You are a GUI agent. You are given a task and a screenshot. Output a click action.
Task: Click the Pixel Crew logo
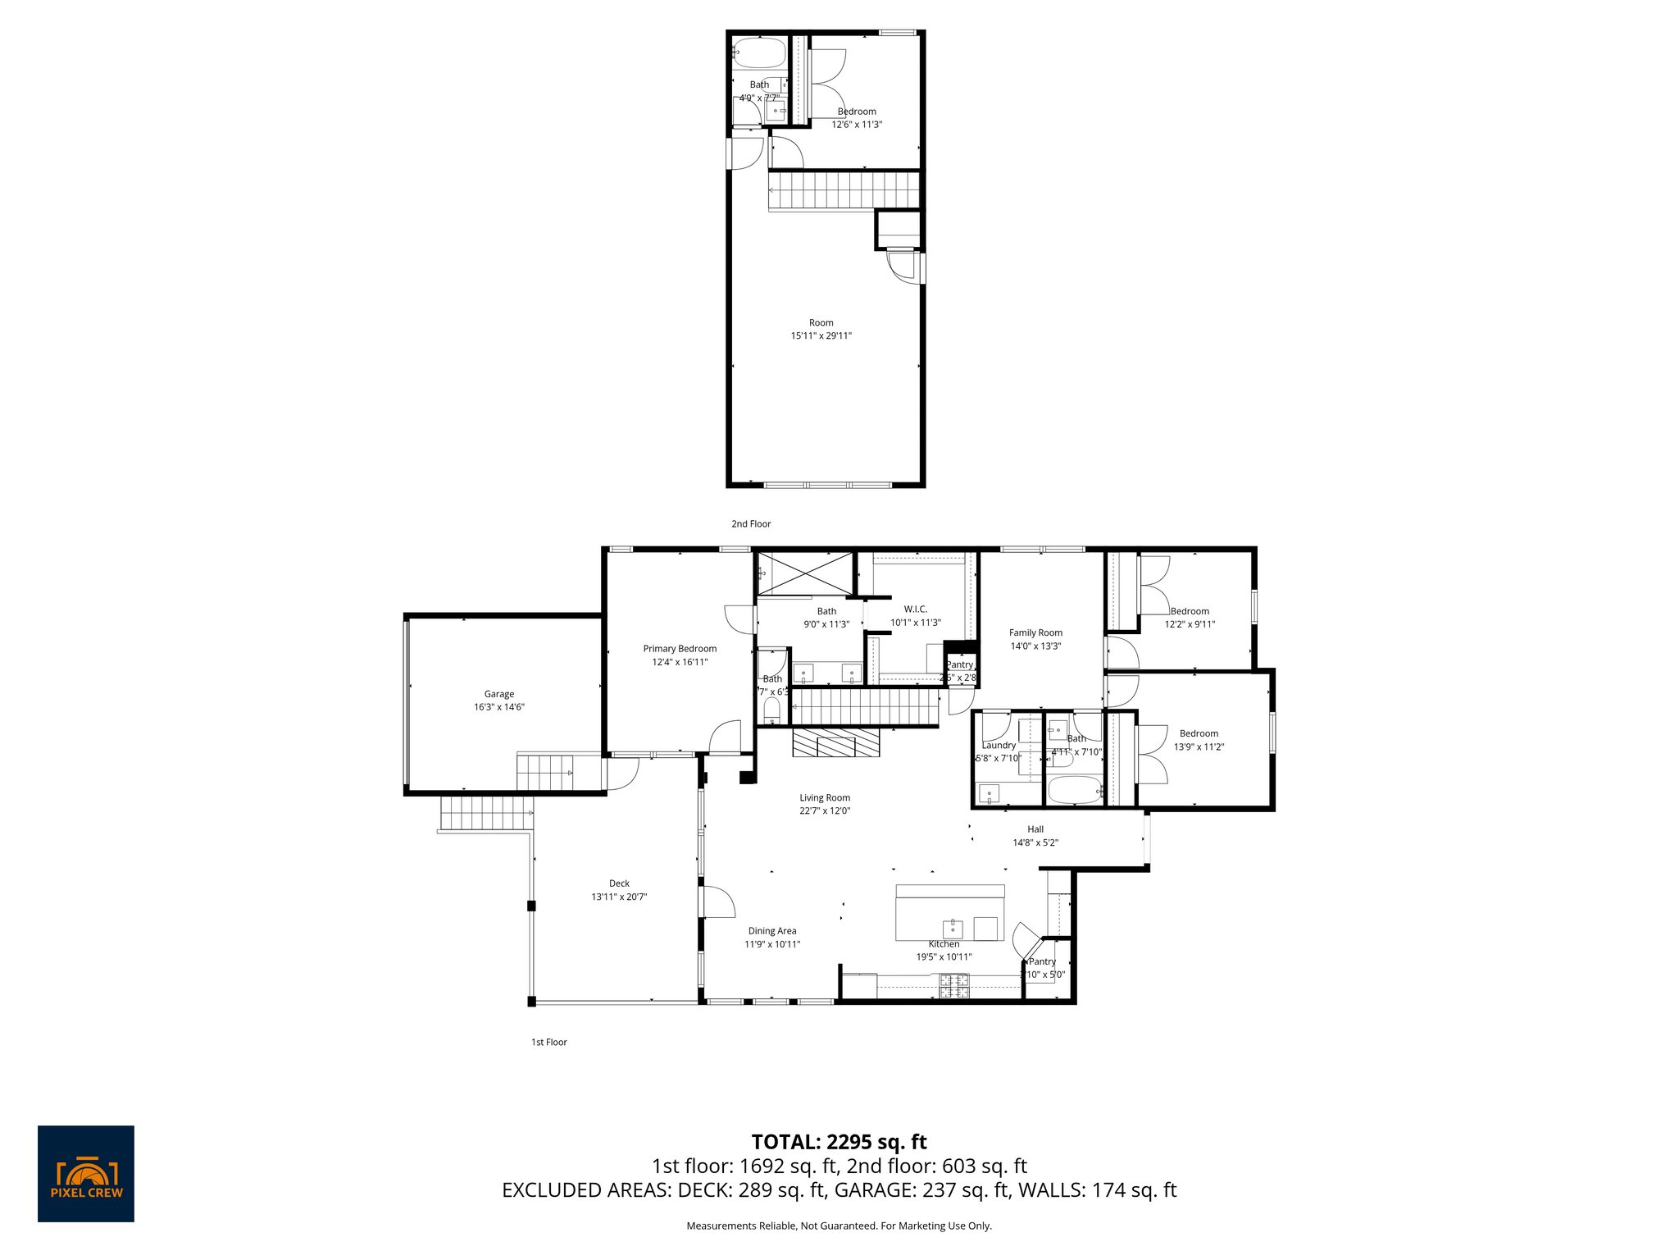pos(86,1173)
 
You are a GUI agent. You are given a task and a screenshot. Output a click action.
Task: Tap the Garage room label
pos(498,694)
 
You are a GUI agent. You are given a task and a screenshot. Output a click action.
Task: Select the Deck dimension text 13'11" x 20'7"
pos(619,897)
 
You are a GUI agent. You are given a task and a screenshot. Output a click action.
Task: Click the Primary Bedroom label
pos(680,649)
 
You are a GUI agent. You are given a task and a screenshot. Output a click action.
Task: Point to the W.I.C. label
pos(915,609)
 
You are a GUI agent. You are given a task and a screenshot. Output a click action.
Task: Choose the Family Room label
pos(1035,632)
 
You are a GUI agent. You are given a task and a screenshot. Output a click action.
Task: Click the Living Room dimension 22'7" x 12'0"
pos(825,810)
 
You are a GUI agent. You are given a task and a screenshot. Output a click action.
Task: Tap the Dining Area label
pos(772,931)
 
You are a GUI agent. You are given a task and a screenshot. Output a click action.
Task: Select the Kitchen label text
pos(944,944)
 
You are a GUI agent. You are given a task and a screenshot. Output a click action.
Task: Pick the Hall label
pos(1035,829)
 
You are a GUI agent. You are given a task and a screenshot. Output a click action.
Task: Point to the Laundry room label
pos(999,746)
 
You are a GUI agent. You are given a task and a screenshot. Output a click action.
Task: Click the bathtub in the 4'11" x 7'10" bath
pos(1074,791)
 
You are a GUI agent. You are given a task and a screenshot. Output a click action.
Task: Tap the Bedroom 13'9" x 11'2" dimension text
pos(1199,747)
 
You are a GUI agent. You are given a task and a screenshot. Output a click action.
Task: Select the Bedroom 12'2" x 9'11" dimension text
pos(1190,624)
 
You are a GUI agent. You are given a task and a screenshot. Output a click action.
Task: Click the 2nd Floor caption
pos(751,523)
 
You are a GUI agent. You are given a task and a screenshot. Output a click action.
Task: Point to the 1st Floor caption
pos(548,1042)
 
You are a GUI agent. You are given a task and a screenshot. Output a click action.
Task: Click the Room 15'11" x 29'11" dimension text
pos(821,336)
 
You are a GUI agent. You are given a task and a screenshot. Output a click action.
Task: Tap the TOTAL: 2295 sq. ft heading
pos(839,1142)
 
